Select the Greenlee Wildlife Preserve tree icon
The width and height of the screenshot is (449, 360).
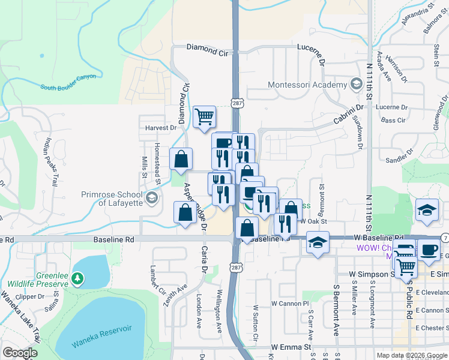[x=77, y=278]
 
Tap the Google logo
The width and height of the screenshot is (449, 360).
[x=20, y=353]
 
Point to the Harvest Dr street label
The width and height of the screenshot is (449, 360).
[x=161, y=128]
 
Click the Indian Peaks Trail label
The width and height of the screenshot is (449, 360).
[x=50, y=163]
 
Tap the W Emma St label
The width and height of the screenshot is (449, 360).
[x=291, y=347]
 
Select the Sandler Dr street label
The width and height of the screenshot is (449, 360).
[x=397, y=160]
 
